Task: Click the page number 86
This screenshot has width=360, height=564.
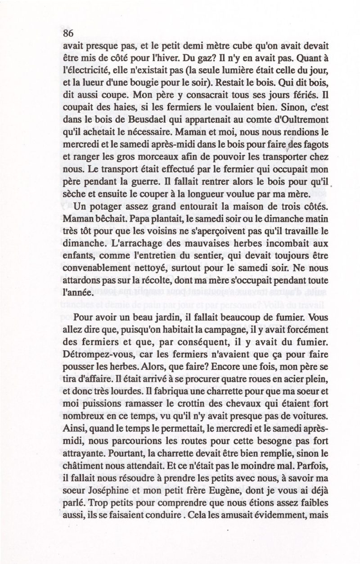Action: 68,33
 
